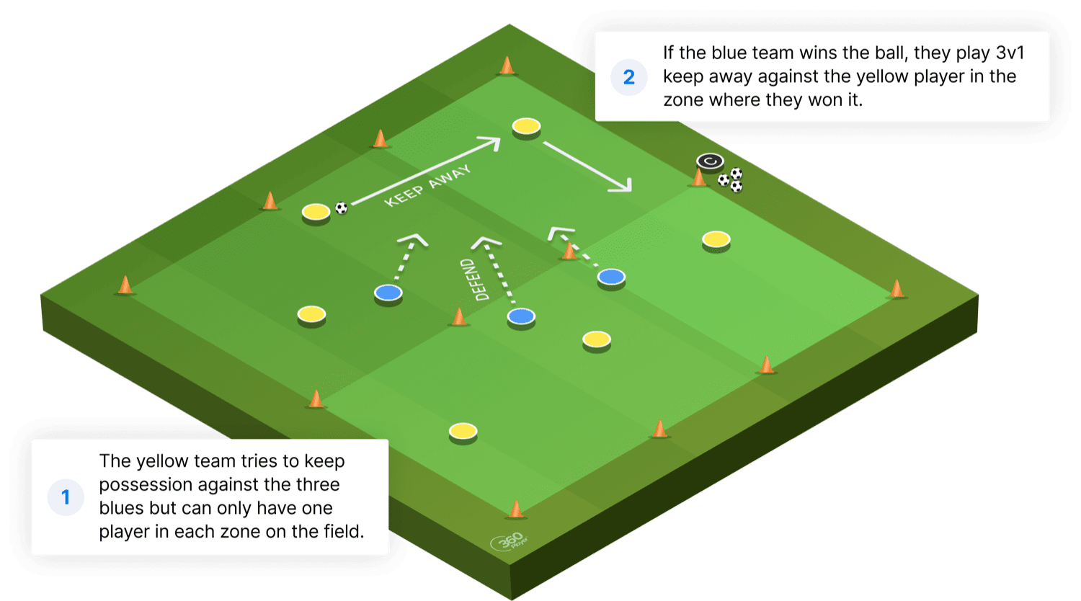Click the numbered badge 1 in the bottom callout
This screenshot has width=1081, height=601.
(66, 497)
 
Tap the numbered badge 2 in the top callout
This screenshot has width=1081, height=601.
(628, 77)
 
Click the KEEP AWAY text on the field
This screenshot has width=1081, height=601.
(427, 185)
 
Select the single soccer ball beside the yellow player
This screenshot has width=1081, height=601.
(342, 208)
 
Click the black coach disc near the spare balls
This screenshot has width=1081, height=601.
(709, 161)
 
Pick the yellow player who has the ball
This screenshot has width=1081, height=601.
(316, 212)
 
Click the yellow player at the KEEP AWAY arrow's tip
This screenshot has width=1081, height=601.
(527, 127)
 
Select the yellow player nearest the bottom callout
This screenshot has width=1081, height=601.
(463, 432)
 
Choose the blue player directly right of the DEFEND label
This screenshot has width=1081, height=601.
(521, 316)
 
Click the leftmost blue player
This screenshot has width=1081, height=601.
(388, 293)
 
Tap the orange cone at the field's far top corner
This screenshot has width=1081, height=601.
(507, 66)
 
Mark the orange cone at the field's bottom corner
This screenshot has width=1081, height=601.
(515, 509)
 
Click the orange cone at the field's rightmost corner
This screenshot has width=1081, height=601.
(897, 289)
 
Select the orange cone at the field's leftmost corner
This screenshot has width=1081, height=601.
(125, 285)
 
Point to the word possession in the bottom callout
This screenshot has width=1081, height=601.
(147, 484)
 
